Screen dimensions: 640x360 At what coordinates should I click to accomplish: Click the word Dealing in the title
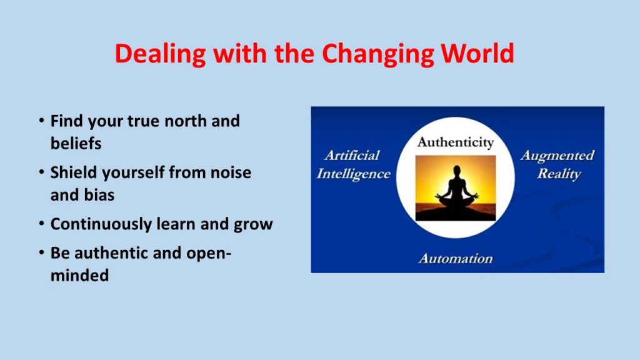160,54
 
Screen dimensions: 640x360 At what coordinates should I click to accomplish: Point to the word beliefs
76,143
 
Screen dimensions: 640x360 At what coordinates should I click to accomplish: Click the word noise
231,172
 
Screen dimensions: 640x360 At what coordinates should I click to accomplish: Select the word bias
99,195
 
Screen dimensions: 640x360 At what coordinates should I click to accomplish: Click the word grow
253,225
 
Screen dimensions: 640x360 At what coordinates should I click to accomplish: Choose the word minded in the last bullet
79,275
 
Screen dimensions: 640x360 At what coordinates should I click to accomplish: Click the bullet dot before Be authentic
42,252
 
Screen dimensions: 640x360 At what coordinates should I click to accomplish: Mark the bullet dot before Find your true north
42,121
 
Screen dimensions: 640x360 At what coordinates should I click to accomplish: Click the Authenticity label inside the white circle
456,142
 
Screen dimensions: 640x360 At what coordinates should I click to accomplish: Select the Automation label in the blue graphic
456,258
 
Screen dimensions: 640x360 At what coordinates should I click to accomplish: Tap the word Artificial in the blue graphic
352,155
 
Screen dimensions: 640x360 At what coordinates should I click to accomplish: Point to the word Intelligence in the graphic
354,174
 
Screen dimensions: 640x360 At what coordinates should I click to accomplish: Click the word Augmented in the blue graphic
557,156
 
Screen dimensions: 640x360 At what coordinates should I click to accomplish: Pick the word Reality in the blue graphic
559,174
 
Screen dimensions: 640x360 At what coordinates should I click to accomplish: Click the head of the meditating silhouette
457,170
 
